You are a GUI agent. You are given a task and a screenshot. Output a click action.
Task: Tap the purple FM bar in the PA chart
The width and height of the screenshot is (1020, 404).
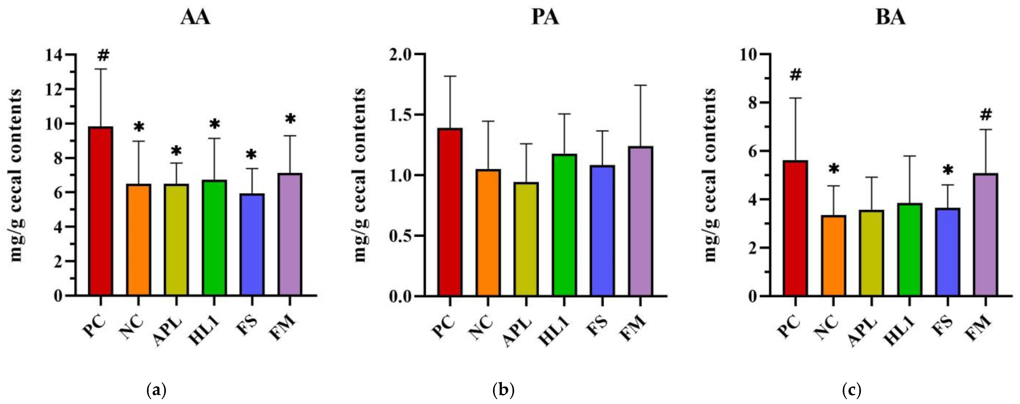point(640,221)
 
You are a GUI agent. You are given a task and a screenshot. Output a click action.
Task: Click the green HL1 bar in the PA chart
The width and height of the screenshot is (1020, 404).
point(564,225)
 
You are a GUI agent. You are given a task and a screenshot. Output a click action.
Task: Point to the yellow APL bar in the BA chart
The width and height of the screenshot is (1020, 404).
point(871,253)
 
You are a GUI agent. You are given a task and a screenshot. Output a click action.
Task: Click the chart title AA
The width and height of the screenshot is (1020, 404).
point(195,17)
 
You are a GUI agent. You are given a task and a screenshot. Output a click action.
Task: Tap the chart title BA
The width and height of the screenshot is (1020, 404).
point(890,17)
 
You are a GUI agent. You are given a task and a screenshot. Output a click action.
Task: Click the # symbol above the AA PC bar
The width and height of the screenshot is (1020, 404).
point(103,55)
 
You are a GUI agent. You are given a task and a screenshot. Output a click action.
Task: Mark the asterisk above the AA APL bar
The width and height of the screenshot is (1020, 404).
point(176,151)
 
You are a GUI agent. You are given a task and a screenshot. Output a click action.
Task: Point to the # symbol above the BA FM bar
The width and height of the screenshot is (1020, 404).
point(986,115)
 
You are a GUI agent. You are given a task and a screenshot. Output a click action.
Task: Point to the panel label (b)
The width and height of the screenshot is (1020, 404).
point(503,391)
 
